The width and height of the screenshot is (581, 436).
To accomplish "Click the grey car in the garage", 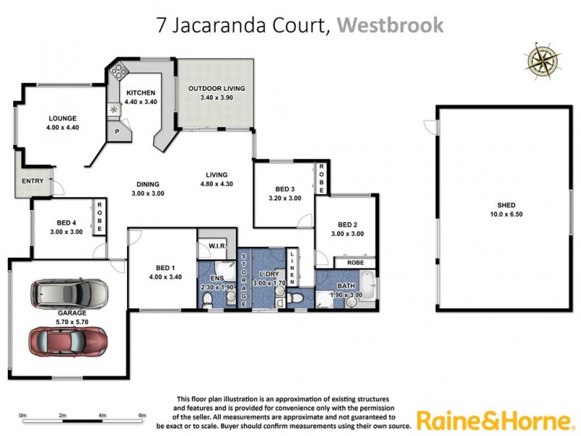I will click(x=70, y=294).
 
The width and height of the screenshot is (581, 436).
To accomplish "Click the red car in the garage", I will click(x=68, y=339).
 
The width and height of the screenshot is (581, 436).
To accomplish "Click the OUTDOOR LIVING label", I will click(x=216, y=89).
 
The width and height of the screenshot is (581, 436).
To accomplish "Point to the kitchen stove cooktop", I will click(x=118, y=72).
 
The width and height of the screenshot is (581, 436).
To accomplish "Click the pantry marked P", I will click(x=117, y=132).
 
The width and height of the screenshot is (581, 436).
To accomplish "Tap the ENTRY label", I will click(x=33, y=181).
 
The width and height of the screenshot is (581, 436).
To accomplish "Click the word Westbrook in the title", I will click(x=390, y=25).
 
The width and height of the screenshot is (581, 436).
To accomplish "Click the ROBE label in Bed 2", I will click(x=354, y=262).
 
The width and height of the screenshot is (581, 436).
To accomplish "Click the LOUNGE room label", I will click(x=62, y=118).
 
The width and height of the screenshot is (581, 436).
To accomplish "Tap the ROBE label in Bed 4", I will click(x=99, y=216).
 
